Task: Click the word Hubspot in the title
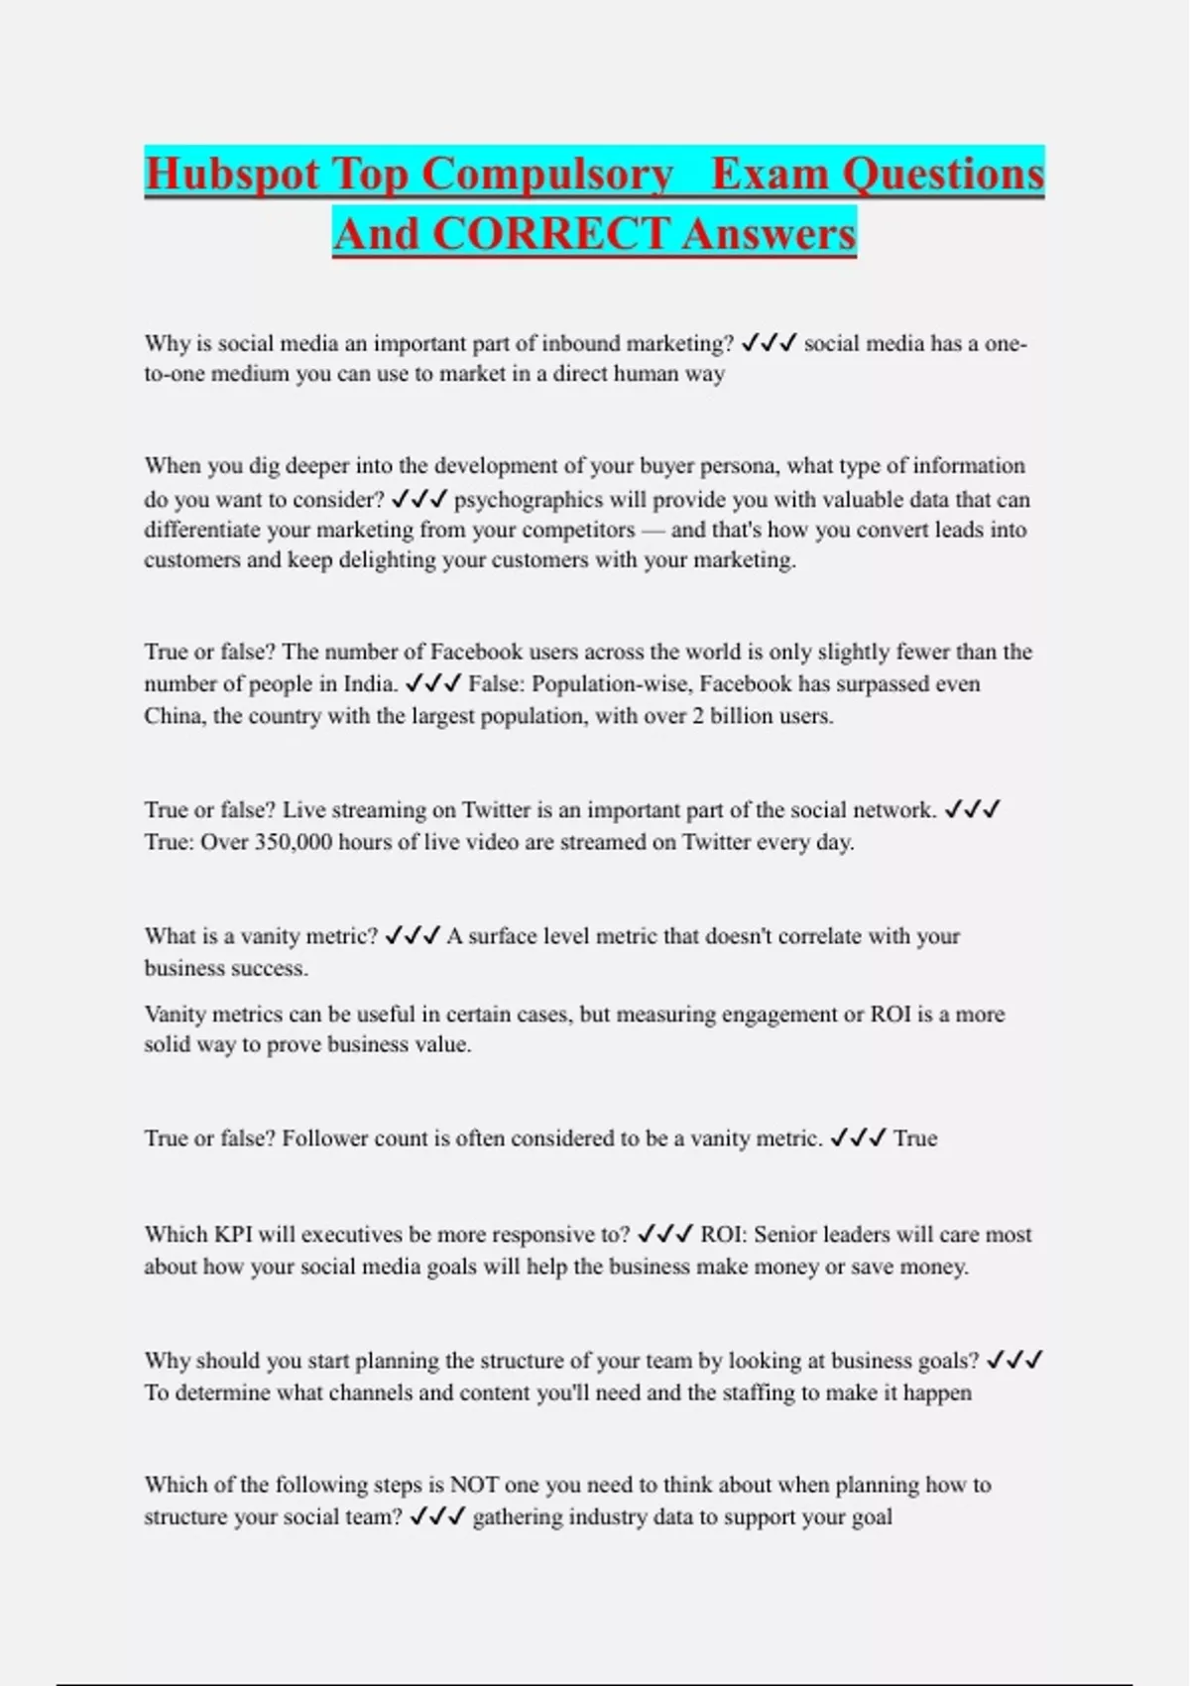232,175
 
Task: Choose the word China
175,715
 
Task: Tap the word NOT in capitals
474,1485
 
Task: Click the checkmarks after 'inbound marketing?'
769,343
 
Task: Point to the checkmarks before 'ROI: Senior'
664,1235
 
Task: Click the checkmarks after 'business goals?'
1015,1360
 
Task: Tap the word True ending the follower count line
914,1138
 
